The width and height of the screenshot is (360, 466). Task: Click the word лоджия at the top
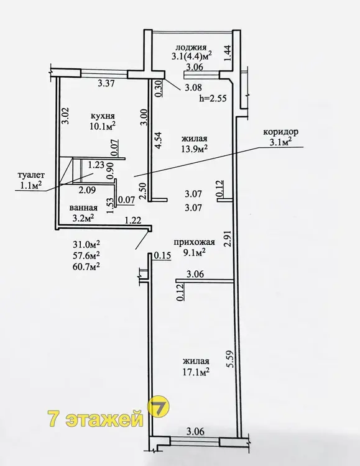[191, 47]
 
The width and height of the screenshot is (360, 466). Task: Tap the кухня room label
[103, 116]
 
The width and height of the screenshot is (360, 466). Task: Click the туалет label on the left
[27, 175]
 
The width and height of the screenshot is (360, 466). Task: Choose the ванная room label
[83, 208]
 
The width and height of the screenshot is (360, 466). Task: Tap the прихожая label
[194, 242]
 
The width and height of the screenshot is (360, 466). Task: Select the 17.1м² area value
[196, 372]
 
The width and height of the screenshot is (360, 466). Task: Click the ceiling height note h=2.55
[213, 98]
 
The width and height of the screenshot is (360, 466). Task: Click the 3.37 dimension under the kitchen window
[106, 84]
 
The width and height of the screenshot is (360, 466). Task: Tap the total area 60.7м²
[86, 267]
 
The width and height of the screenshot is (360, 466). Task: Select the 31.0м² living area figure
[86, 244]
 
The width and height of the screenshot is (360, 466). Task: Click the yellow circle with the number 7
[159, 407]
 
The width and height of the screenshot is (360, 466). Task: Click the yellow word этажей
[104, 419]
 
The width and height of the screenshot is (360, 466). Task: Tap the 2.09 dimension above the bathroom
[87, 190]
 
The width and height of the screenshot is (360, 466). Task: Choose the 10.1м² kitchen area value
[103, 126]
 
